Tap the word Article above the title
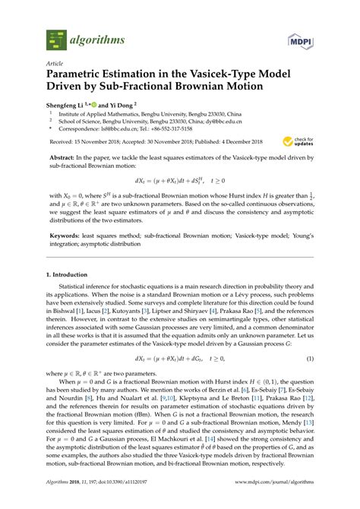pos(55,65)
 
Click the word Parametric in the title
pos(80,77)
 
